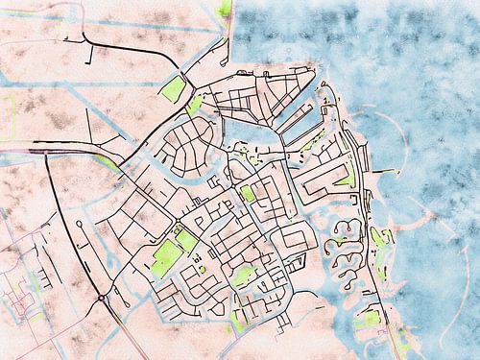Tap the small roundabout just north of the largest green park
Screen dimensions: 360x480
[177, 227]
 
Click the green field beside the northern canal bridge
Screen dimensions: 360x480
[173, 90]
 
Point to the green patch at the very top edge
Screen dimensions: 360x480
[225, 10]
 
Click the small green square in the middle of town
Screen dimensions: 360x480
[248, 194]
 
